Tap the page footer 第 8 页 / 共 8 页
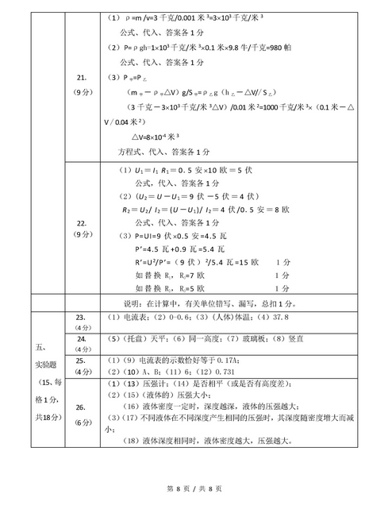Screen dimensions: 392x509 pos(195,488)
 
